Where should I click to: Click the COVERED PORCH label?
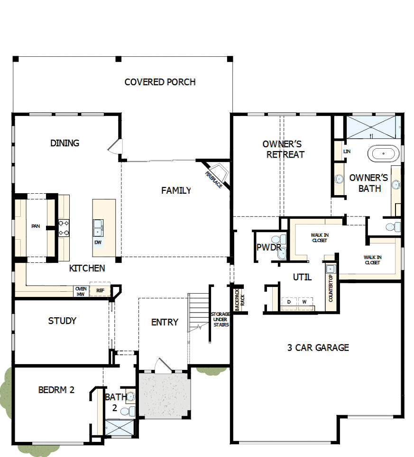tap(160, 82)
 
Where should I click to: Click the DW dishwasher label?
tap(98, 242)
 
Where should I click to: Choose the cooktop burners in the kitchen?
tap(64, 228)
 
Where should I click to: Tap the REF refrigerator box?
tap(100, 290)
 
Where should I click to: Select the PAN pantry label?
tap(35, 226)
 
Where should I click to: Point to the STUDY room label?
tap(62, 321)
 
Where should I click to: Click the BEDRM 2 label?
tap(56, 390)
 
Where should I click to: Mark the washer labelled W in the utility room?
tap(304, 302)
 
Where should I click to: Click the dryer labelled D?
tap(289, 302)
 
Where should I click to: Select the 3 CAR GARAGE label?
tap(318, 348)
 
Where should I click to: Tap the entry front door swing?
tap(162, 366)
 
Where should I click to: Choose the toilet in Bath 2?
tap(127, 411)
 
